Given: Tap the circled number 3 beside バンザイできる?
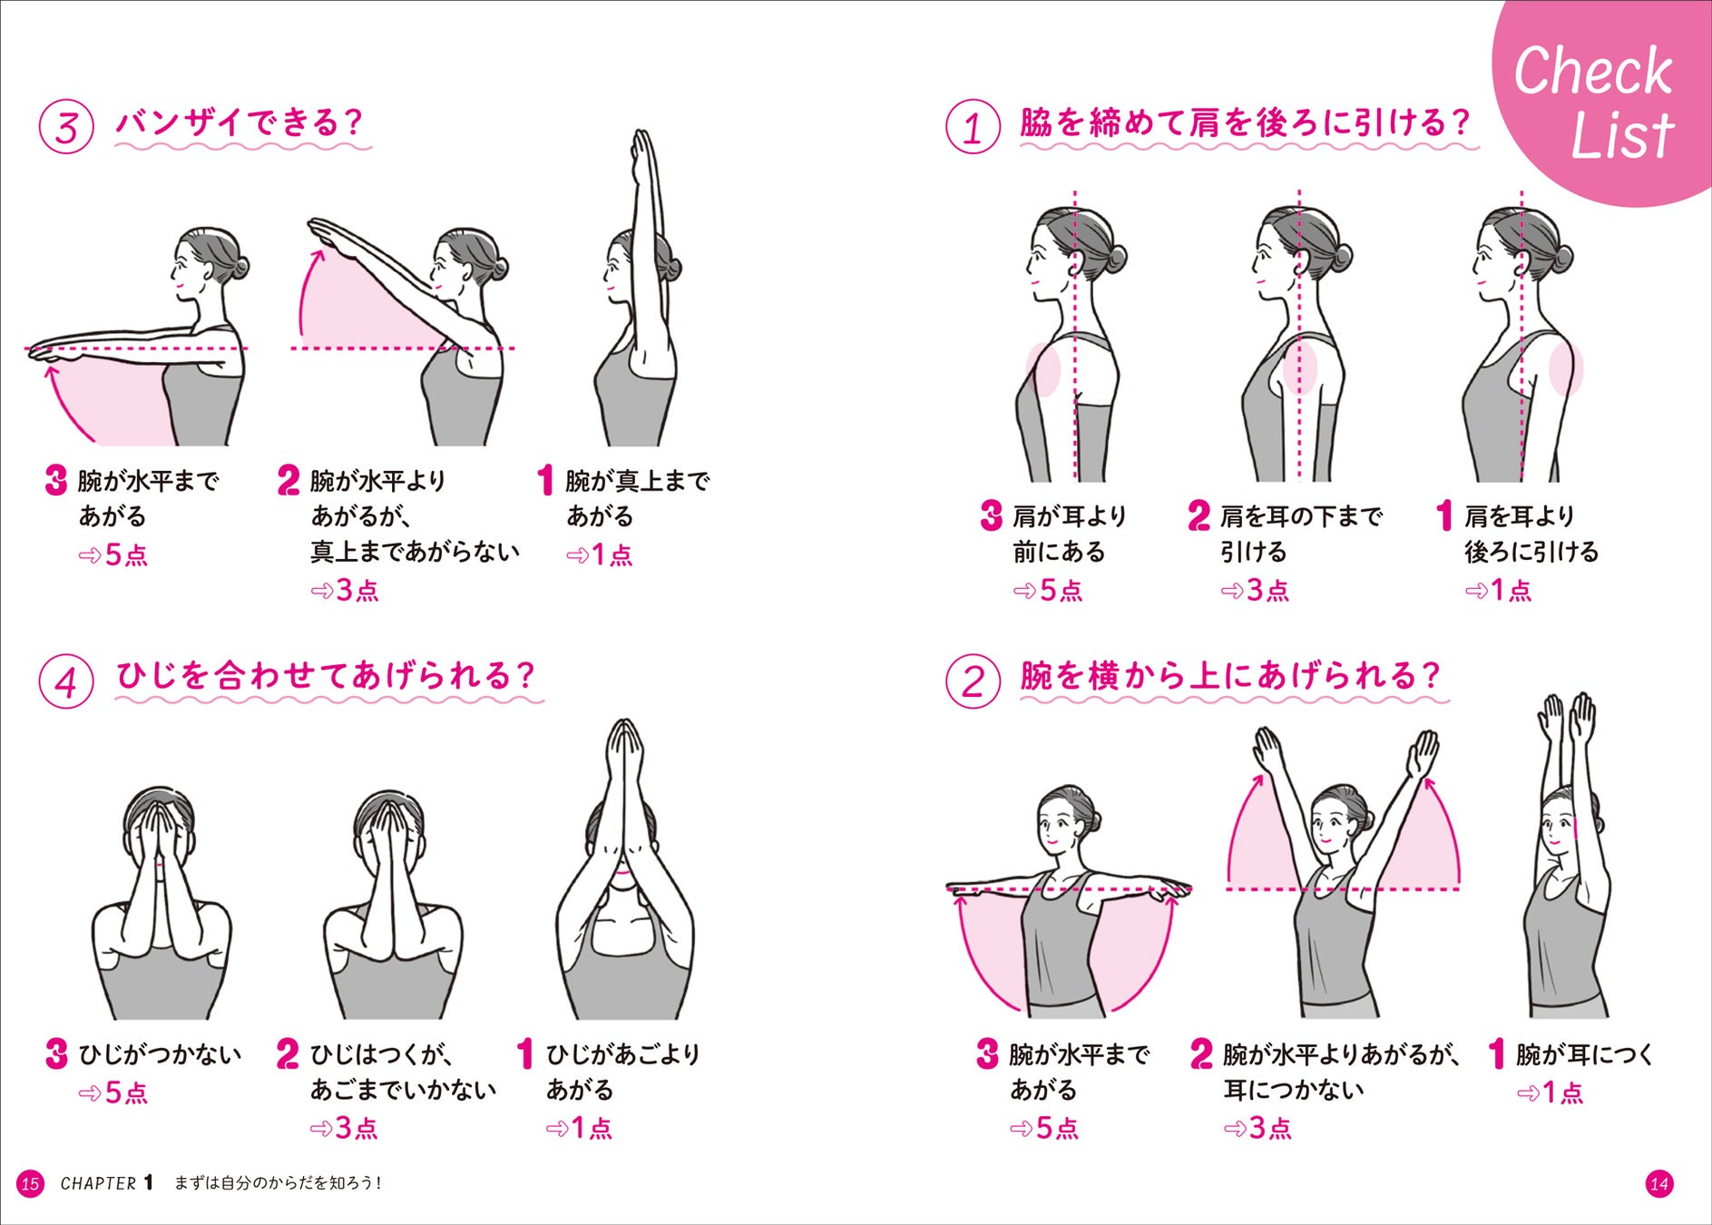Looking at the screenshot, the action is pos(66,126).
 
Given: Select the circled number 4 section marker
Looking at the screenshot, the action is pos(66,681).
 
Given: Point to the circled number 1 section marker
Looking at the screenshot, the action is pos(973,126).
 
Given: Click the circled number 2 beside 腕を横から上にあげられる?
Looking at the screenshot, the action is pos(973,681).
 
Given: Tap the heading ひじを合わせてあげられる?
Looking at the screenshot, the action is pos(326,676).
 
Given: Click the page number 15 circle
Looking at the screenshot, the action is pos(30,1183).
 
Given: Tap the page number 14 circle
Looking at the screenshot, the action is pos(1659,1183).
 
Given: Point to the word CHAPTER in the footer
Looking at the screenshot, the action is pos(98,1183).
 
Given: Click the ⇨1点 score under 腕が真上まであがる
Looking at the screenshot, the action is pos(599,554).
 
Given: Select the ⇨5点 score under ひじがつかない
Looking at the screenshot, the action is pos(113,1093).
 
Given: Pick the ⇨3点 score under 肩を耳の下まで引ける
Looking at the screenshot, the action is pos(1255,591).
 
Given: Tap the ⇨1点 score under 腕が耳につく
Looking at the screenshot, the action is pos(1550,1093).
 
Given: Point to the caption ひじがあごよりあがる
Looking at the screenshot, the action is pos(622,1072).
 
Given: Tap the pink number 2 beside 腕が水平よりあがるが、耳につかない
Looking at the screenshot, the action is pos(1201,1054).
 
